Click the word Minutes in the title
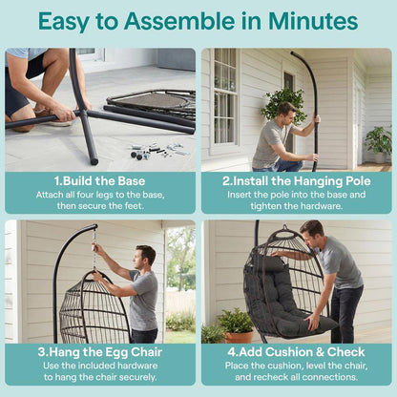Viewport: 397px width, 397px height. pyautogui.click(x=313, y=21)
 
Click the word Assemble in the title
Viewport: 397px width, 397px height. pyautogui.click(x=179, y=21)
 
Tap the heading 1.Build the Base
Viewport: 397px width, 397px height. pyautogui.click(x=99, y=181)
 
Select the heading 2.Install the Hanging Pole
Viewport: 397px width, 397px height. pyautogui.click(x=297, y=181)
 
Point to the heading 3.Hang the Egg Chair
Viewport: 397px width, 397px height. pyautogui.click(x=100, y=352)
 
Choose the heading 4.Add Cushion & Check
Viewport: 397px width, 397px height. pyautogui.click(x=296, y=352)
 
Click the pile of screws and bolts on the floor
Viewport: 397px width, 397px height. pyautogui.click(x=159, y=151)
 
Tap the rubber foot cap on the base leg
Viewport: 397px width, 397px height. pyautogui.click(x=94, y=158)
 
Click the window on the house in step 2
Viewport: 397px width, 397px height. pyautogui.click(x=226, y=97)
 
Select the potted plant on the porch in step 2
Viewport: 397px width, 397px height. pyautogui.click(x=379, y=144)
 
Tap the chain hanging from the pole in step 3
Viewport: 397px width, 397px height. pyautogui.click(x=94, y=250)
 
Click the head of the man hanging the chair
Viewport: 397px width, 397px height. pyautogui.click(x=145, y=257)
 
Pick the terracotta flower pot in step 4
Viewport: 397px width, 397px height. pyautogui.click(x=239, y=337)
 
